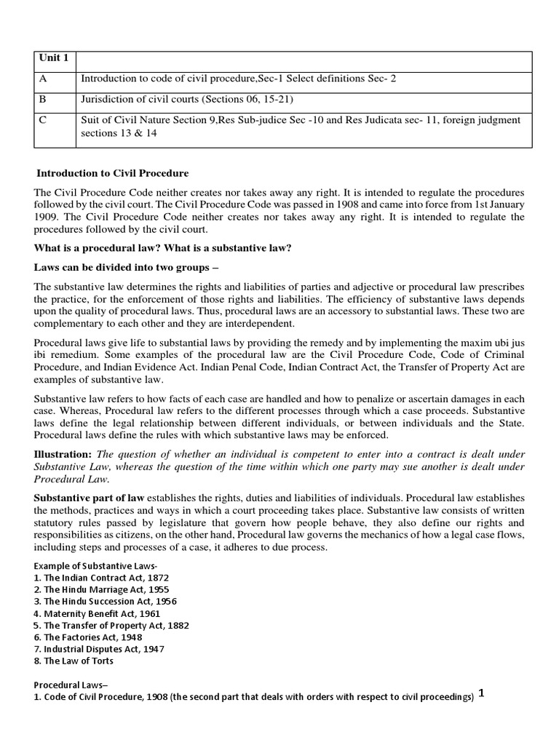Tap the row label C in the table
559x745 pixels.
[x=43, y=120]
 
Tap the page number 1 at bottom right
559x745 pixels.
[x=481, y=694]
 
